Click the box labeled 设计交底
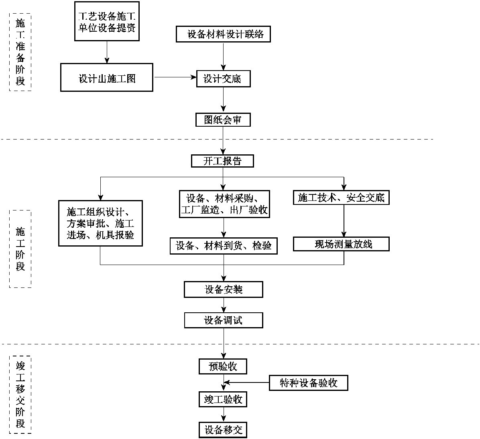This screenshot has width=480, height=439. pyautogui.click(x=223, y=79)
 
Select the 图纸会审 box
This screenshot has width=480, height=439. pyautogui.click(x=223, y=120)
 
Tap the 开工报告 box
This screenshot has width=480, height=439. pyautogui.click(x=223, y=161)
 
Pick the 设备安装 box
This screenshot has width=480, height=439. pyautogui.click(x=224, y=289)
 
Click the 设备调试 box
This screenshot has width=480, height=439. pyautogui.click(x=224, y=320)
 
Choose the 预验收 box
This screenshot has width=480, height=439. pyautogui.click(x=223, y=366)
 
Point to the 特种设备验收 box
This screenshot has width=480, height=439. pyautogui.click(x=308, y=383)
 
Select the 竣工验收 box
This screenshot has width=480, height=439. pyautogui.click(x=223, y=400)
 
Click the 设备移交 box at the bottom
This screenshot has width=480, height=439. pyautogui.click(x=223, y=430)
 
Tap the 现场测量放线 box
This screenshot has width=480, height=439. pyautogui.click(x=341, y=244)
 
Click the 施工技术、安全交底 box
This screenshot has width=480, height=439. pyautogui.click(x=341, y=198)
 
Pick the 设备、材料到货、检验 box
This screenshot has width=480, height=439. pyautogui.click(x=224, y=245)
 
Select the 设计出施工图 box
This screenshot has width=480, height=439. pyautogui.click(x=107, y=78)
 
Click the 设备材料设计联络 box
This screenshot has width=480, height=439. pyautogui.click(x=223, y=34)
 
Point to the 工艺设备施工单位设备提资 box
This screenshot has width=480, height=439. pyautogui.click(x=107, y=21)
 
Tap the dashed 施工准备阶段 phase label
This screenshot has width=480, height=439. pyautogui.click(x=20, y=52)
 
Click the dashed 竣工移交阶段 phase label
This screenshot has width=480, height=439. pyautogui.click(x=20, y=394)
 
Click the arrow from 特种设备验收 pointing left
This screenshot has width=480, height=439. pyautogui.click(x=247, y=383)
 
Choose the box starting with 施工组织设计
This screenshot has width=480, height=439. pyautogui.click(x=100, y=223)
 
